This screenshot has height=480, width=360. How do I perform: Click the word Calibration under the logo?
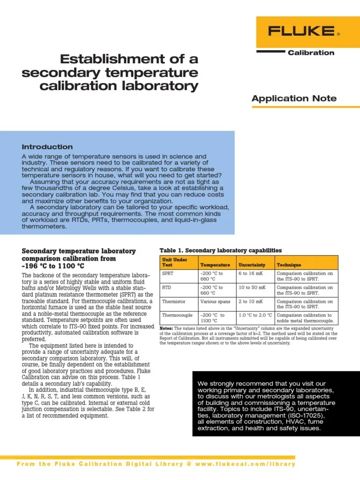click(x=311, y=52)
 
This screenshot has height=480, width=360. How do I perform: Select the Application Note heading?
click(x=294, y=98)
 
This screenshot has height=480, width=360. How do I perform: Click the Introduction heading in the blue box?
click(x=47, y=147)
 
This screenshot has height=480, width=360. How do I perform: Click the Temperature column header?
click(x=215, y=265)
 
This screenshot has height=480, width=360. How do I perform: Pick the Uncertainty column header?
click(x=252, y=265)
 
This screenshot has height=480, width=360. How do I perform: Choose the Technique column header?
click(x=289, y=265)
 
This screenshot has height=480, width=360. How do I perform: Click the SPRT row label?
click(x=167, y=273)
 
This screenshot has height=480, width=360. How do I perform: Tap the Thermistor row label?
click(x=173, y=301)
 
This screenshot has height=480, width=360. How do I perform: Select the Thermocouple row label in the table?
click(x=177, y=315)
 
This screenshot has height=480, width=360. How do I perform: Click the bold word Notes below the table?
click(x=166, y=329)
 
